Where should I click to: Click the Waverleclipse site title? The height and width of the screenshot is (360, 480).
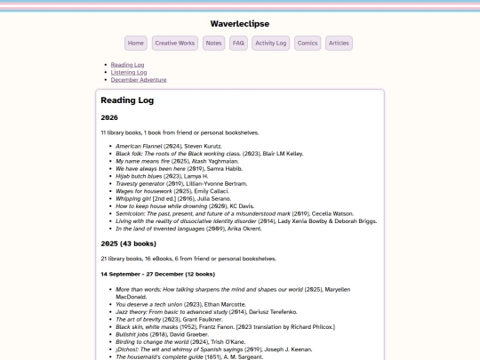pyautogui.click(x=240, y=23)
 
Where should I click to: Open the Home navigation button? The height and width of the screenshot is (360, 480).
pyautogui.click(x=136, y=43)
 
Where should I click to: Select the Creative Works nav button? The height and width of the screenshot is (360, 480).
pyautogui.click(x=174, y=43)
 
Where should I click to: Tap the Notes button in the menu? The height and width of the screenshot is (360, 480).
pyautogui.click(x=213, y=43)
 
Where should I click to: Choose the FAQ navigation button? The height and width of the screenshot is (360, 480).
pyautogui.click(x=238, y=43)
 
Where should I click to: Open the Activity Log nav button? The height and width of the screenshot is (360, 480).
pyautogui.click(x=270, y=43)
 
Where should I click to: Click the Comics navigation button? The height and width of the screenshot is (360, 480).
pyautogui.click(x=308, y=43)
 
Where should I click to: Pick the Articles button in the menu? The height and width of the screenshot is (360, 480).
pyautogui.click(x=339, y=43)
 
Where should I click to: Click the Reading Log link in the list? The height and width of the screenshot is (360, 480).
pyautogui.click(x=128, y=65)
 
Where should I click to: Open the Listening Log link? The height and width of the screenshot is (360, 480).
pyautogui.click(x=130, y=72)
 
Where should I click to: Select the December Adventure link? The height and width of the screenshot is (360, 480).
pyautogui.click(x=138, y=80)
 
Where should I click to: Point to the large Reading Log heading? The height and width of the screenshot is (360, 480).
pyautogui.click(x=126, y=100)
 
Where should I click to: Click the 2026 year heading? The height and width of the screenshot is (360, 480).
pyautogui.click(x=109, y=117)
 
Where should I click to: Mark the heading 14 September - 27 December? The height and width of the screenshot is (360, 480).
pyautogui.click(x=158, y=275)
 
